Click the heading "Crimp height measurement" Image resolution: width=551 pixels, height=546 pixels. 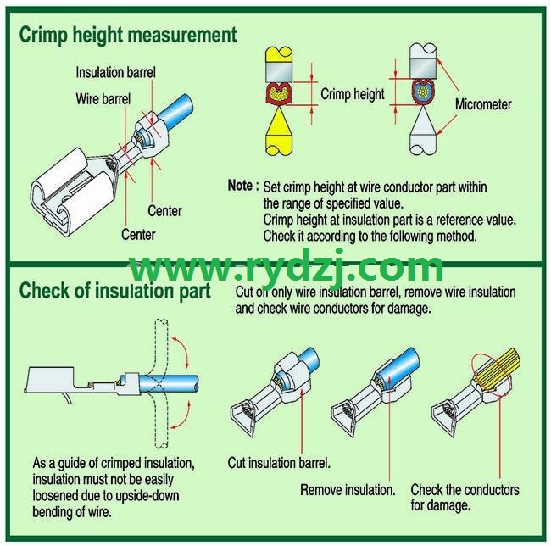point(128,36)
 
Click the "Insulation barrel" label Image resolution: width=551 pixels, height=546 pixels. point(115,73)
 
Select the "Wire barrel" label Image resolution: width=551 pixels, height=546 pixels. point(103,98)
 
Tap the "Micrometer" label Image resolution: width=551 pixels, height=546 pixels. point(483,104)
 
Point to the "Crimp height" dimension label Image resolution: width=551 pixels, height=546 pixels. point(353,94)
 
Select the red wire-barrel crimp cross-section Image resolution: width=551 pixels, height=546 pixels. point(279,94)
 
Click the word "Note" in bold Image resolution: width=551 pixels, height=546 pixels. point(240,186)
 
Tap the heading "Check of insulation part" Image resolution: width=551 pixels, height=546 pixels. point(115,292)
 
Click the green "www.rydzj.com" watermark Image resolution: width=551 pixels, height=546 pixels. point(287,268)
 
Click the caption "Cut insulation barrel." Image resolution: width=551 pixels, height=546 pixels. point(279,463)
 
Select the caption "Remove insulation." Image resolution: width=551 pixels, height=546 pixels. point(348,490)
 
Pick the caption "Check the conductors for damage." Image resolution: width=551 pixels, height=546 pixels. point(465,498)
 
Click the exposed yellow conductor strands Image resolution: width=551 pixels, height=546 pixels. point(498,368)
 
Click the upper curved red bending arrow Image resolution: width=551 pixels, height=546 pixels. point(181,352)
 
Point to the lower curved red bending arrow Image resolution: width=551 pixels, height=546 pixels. point(181,415)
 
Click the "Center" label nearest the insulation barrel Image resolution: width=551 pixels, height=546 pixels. point(164,211)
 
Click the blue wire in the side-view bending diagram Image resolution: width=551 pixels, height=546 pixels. point(169,384)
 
